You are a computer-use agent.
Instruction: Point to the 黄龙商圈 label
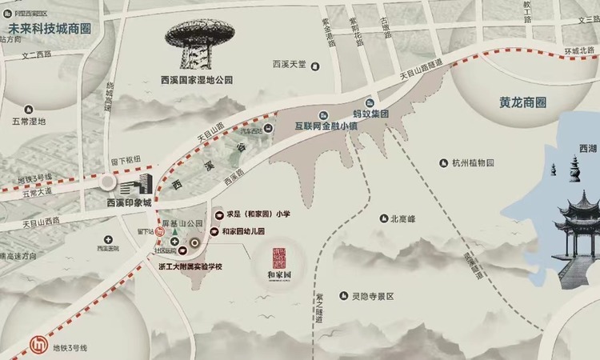(516, 103)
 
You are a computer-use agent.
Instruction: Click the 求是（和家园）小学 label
(259, 215)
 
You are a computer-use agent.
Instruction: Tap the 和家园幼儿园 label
(248, 231)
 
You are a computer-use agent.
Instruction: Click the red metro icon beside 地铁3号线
(37, 343)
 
